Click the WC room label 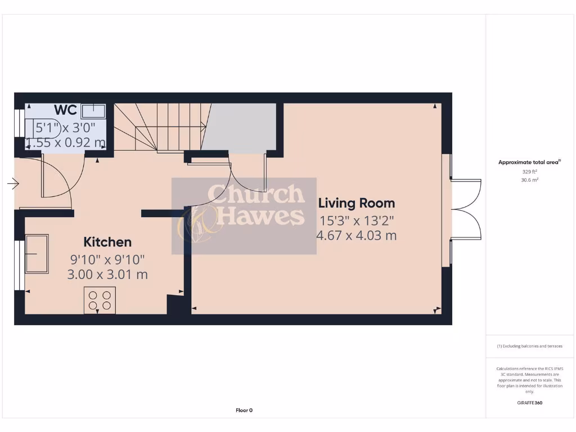point(65,110)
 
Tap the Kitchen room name point(107,242)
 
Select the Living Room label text point(357,203)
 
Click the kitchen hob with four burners point(100,300)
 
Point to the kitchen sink point(37,254)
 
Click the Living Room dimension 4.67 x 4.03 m point(357,235)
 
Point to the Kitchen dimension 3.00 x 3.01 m point(107,274)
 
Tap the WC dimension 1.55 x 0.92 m point(65,143)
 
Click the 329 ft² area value point(529,172)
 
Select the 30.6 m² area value point(529,180)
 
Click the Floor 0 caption point(244,410)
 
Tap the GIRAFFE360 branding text point(529,403)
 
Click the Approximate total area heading point(529,163)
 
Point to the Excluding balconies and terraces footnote point(529,346)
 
